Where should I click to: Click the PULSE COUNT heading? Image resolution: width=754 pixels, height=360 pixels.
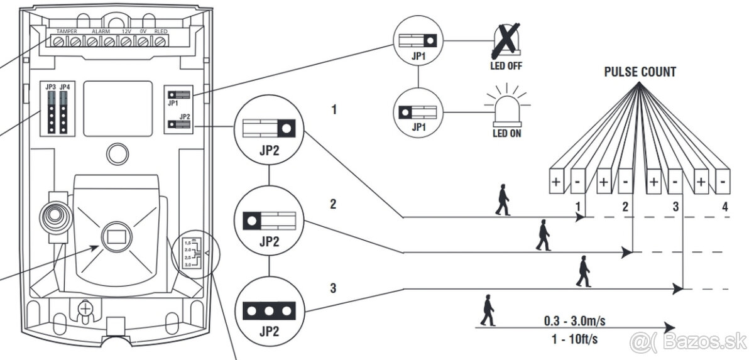[x=640, y=72]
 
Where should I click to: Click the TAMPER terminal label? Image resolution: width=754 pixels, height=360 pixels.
[x=67, y=31]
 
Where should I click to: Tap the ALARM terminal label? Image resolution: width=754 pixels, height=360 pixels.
[x=101, y=31]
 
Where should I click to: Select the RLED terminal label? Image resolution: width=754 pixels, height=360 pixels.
[x=160, y=31]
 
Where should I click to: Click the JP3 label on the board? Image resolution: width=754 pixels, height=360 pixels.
[x=50, y=86]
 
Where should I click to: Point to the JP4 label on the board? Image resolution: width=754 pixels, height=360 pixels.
[x=64, y=86]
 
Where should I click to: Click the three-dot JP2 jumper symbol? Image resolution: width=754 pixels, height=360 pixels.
[x=269, y=311]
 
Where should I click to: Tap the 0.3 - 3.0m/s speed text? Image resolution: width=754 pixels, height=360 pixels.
[x=574, y=321]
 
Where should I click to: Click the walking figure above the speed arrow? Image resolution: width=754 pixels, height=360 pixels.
[x=487, y=310]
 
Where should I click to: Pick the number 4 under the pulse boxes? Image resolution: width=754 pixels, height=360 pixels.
[x=724, y=206]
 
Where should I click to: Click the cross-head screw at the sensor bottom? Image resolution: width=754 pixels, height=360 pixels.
[x=84, y=308]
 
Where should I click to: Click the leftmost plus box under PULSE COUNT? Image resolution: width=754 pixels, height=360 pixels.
[x=555, y=183]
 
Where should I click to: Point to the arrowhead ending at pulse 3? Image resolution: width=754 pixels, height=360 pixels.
[x=678, y=289]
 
